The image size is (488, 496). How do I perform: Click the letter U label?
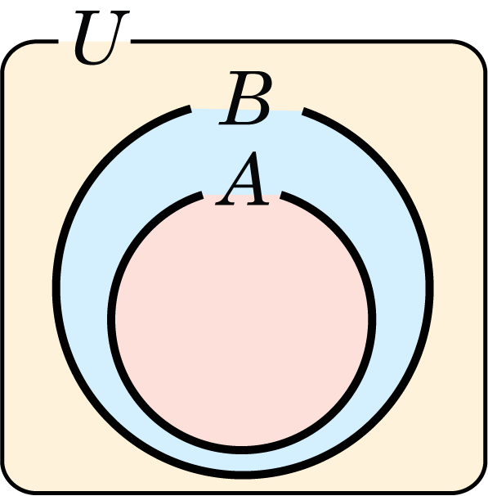pos(101,38)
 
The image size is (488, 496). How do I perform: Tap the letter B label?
pos(245,97)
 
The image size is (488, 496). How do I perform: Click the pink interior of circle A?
pos(242,319)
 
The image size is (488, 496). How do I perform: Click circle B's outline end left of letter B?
pos(190,109)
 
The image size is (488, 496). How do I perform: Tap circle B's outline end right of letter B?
pos(303,111)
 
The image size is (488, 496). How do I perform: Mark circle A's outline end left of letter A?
pos(203,195)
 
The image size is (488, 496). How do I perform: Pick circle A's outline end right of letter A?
pos(281,195)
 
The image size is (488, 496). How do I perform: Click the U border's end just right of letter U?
pos(132,41)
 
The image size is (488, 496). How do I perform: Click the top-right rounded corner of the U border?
pos(475,51)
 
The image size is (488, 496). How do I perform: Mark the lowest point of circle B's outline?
pos(243,475)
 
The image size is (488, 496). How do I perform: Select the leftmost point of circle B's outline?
pos(56,286)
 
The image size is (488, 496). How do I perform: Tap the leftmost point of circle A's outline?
pos(111,319)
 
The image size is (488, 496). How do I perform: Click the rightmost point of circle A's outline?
pos(373,319)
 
